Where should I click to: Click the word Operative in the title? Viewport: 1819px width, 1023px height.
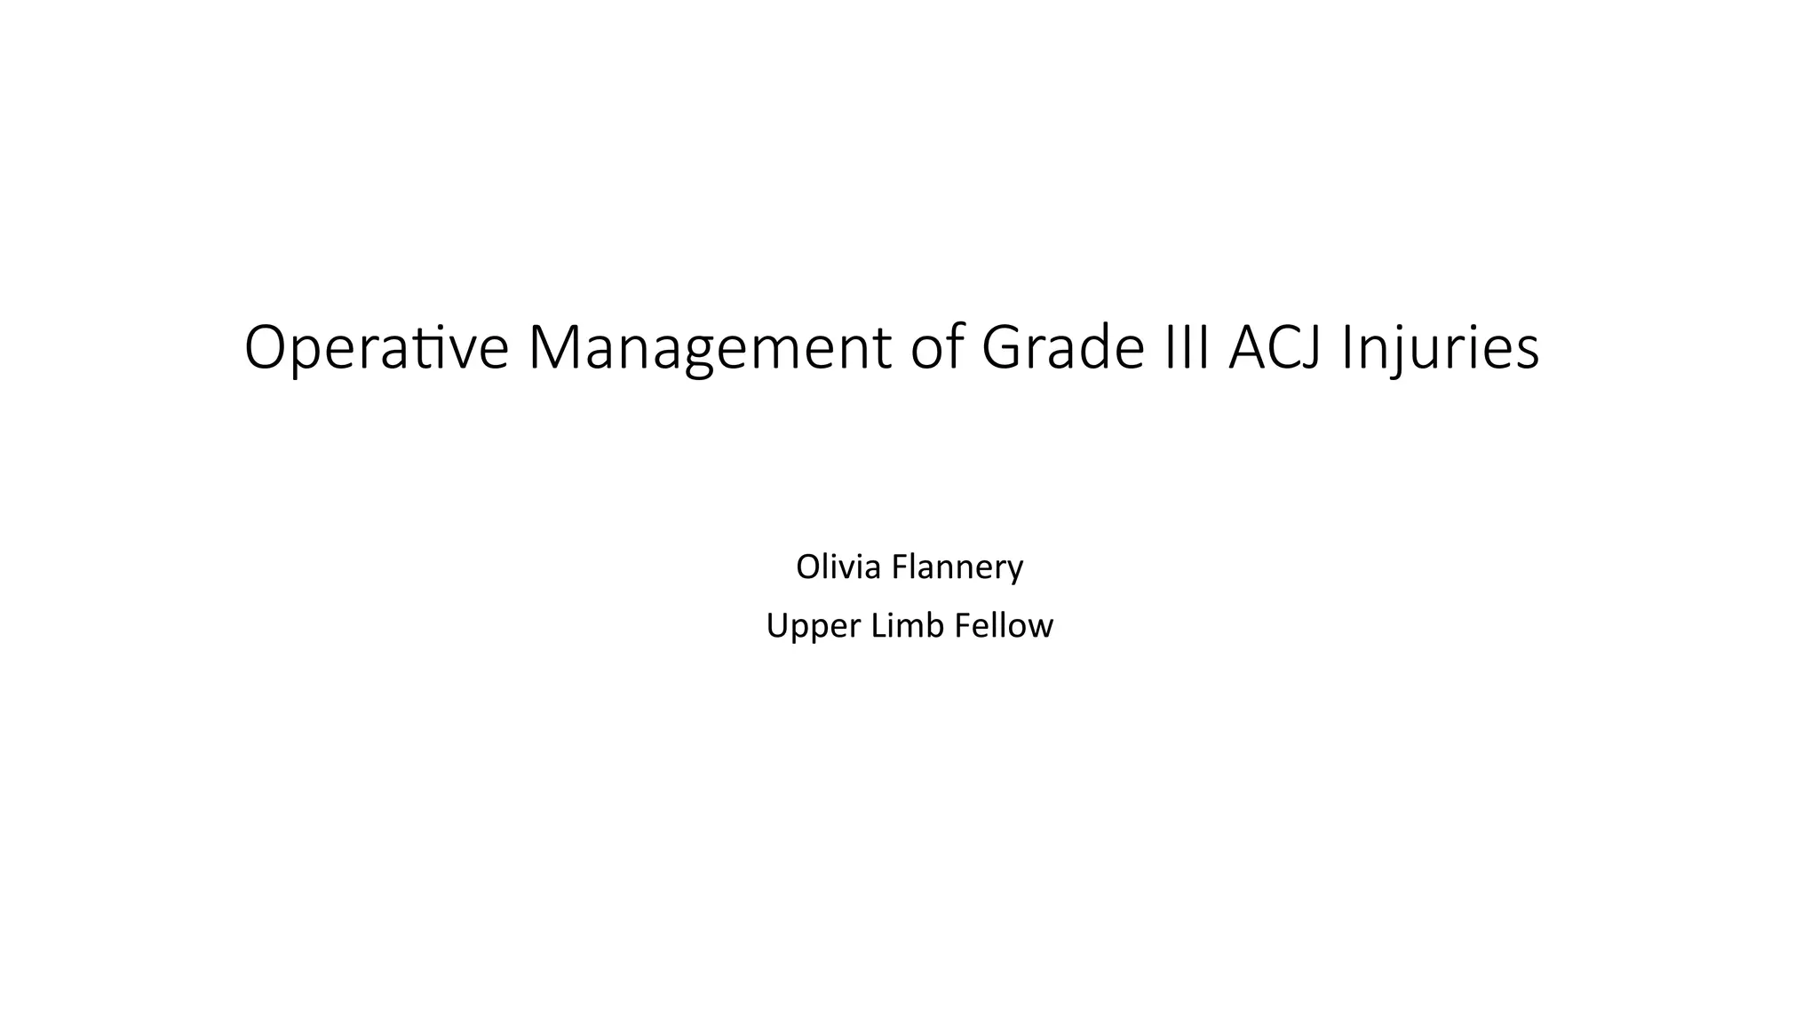click(376, 348)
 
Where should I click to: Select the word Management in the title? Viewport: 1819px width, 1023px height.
click(709, 348)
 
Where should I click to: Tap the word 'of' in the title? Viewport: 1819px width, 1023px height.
click(936, 348)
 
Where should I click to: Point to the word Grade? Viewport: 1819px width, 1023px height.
click(1062, 348)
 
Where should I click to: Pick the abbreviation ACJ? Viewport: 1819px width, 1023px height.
click(1276, 348)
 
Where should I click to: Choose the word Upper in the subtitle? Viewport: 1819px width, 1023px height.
click(813, 626)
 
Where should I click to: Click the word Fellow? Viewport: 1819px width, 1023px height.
click(1004, 626)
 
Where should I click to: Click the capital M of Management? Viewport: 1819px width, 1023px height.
click(556, 348)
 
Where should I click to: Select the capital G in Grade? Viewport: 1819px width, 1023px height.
click(1001, 348)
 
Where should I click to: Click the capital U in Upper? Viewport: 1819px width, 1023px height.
click(777, 626)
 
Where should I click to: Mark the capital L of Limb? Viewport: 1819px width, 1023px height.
click(877, 626)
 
